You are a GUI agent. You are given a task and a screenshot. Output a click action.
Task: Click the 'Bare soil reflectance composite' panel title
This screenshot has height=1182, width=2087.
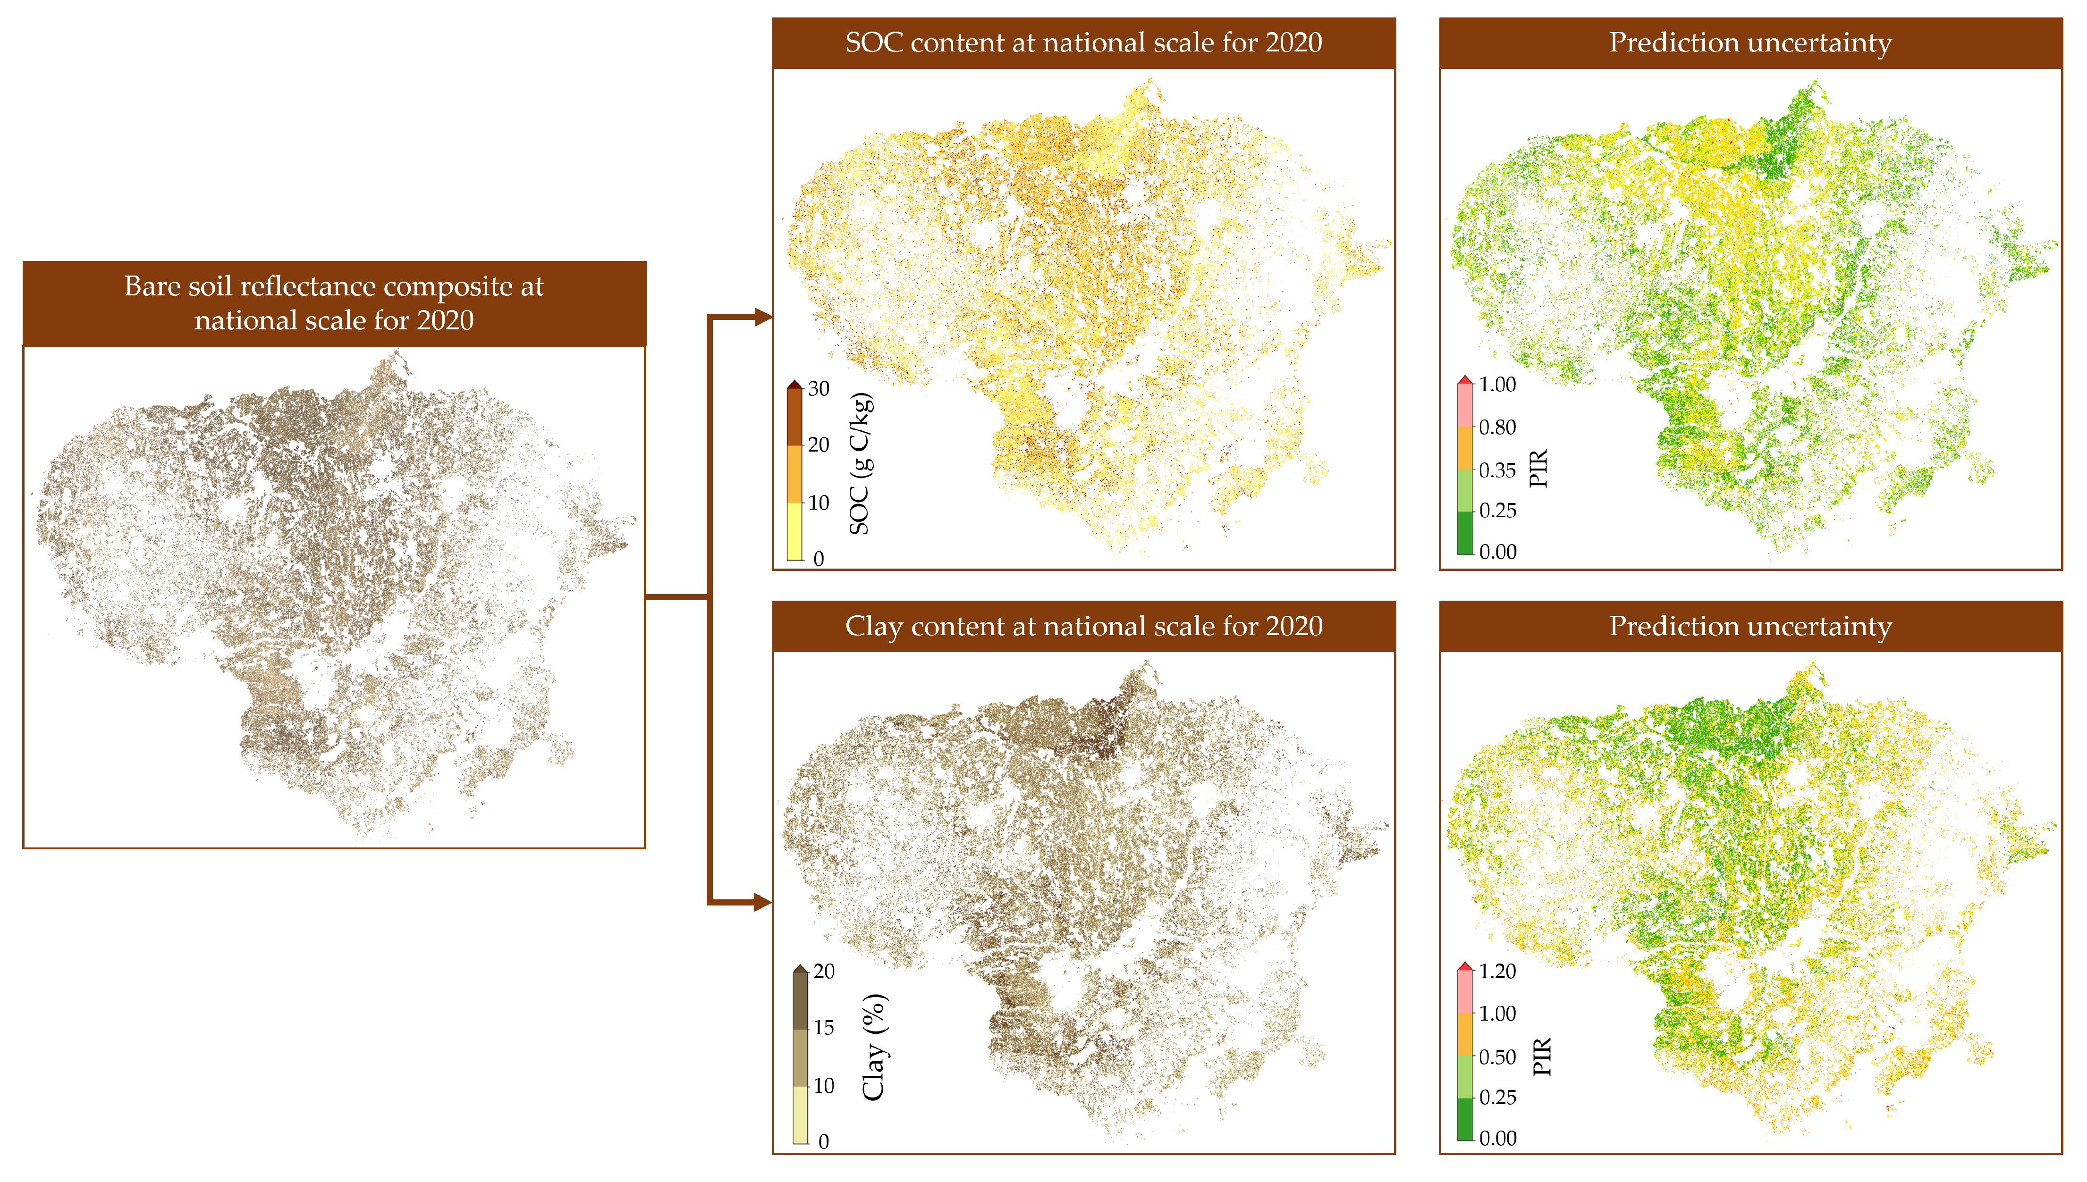pos(334,303)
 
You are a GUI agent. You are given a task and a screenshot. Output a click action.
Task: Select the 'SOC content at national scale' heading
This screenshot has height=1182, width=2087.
pos(1083,42)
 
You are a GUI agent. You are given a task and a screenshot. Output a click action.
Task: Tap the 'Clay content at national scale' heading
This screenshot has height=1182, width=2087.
pos(1083,626)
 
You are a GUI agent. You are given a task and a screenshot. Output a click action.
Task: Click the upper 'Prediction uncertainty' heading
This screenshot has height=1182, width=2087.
pos(1750,42)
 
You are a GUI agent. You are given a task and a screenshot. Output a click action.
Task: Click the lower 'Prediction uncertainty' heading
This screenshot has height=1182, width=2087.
pos(1750,626)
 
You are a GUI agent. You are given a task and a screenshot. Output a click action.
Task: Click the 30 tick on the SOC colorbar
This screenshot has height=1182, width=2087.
pos(819,389)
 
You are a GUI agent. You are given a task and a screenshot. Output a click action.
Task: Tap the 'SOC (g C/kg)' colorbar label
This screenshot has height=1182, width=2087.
pos(860,463)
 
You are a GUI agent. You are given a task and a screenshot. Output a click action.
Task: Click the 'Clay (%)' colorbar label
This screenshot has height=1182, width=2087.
pos(874,1047)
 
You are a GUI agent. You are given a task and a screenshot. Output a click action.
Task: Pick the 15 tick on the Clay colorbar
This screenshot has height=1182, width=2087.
pos(823,1028)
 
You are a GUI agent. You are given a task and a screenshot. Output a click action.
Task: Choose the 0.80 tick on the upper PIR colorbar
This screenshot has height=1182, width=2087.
pos(1496,427)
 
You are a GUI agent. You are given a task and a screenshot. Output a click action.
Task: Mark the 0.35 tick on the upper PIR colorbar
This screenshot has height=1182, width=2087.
pos(1496,470)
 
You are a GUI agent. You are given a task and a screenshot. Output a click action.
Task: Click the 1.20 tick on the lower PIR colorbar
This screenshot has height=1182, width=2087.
pos(1496,971)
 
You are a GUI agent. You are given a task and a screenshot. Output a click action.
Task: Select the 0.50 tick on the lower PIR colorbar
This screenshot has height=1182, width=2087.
pos(1496,1057)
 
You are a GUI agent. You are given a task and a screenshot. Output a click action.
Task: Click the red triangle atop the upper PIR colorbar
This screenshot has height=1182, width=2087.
pos(1465,380)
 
